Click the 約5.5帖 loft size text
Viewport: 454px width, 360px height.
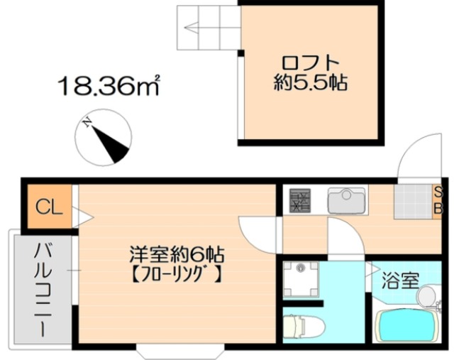311,82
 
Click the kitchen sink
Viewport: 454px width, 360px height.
346,200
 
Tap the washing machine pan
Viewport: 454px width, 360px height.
301,279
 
